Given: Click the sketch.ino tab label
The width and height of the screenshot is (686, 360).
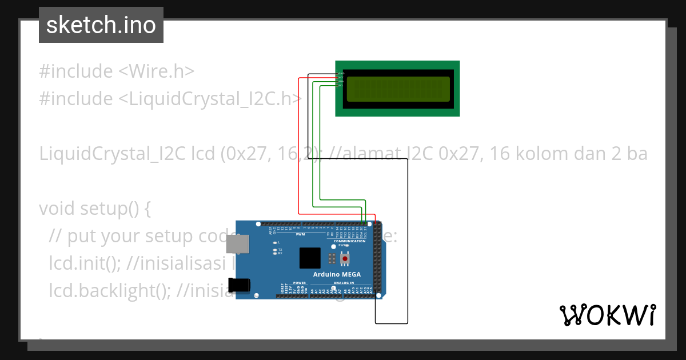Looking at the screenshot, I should [101, 25].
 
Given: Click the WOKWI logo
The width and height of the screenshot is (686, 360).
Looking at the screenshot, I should [607, 315].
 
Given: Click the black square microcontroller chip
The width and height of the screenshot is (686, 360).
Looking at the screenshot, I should [310, 258].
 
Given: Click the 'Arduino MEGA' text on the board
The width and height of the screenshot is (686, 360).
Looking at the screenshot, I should [337, 274].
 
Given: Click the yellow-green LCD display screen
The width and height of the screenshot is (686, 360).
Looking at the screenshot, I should [397, 89].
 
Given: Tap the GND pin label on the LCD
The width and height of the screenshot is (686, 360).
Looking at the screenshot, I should [341, 74].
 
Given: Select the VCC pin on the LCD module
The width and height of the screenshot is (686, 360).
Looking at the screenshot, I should [341, 78].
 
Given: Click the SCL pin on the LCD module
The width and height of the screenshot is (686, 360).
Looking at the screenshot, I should [341, 85].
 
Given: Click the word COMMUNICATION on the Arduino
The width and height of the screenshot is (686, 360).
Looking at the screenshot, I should [349, 241].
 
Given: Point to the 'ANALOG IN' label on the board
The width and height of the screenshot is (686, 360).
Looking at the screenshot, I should [344, 282].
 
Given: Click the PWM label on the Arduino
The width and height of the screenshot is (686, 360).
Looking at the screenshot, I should [300, 234].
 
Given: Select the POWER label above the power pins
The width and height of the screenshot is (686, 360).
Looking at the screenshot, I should [300, 282].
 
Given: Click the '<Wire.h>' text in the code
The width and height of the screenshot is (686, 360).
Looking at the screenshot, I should [156, 71].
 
